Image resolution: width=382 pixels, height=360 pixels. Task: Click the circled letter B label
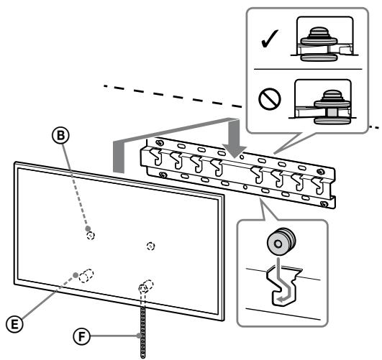[x=60, y=135]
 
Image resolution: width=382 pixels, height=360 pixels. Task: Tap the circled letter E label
[x=15, y=325]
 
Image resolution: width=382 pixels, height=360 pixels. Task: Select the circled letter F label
[x=81, y=336]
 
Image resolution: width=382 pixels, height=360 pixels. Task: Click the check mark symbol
[x=269, y=39]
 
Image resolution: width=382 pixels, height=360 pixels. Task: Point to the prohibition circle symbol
[x=270, y=99]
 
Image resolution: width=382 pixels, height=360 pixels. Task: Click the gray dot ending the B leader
[x=88, y=229]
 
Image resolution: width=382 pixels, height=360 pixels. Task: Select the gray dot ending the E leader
[x=76, y=275]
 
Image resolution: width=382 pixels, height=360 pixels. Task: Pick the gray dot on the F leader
[x=139, y=336]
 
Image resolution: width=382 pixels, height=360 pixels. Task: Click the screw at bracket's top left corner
[x=160, y=143]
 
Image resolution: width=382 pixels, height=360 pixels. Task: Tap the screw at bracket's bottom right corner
[x=324, y=204]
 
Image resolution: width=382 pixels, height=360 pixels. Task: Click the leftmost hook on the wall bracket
[x=156, y=157]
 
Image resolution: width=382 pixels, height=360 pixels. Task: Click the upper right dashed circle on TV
[x=151, y=246]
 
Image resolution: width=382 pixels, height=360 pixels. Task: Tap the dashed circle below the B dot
[x=91, y=236]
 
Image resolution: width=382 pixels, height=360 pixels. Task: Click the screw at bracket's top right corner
[x=321, y=172]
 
